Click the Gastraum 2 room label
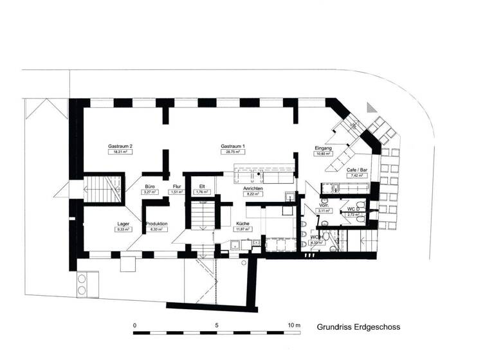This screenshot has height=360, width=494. pyautogui.click(x=120, y=147)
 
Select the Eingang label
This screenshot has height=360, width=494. pyautogui.click(x=323, y=148)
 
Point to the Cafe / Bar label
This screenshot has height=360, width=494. pyautogui.click(x=356, y=170)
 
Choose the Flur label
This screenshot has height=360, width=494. pyautogui.click(x=177, y=186)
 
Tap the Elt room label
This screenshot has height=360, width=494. pyautogui.click(x=201, y=186)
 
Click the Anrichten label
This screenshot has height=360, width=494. pyautogui.click(x=253, y=188)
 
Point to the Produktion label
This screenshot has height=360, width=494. pyautogui.click(x=156, y=224)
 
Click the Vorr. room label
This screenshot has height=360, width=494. pyautogui.click(x=324, y=205)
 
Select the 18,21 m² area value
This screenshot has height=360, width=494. pyautogui.click(x=120, y=152)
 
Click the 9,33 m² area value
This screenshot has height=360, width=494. pyautogui.click(x=122, y=229)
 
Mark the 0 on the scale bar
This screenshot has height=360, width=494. pyautogui.click(x=134, y=326)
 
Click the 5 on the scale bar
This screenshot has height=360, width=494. pyautogui.click(x=217, y=326)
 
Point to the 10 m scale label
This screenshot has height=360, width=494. pyautogui.click(x=295, y=326)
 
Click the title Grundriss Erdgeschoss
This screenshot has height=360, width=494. pyautogui.click(x=358, y=327)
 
